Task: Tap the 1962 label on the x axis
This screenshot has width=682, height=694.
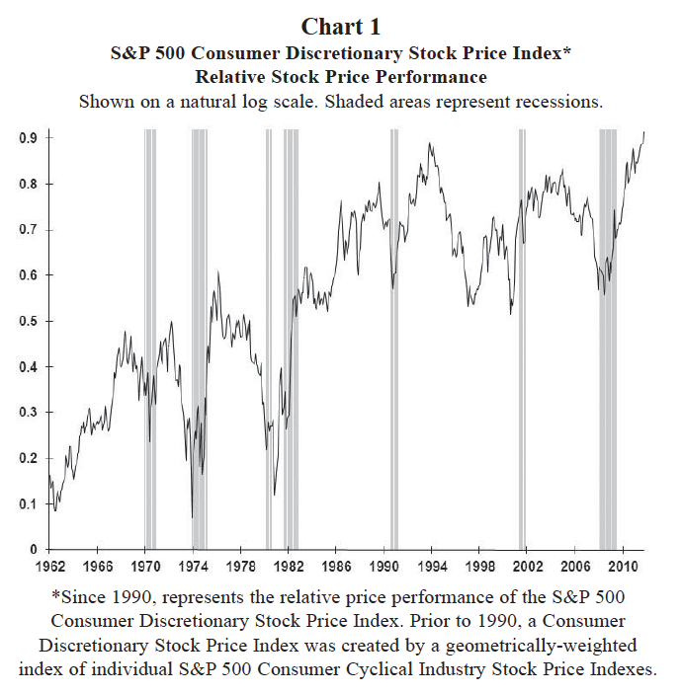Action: click(49, 567)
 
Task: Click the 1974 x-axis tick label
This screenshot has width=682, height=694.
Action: click(193, 567)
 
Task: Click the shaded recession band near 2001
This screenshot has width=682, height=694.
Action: click(522, 336)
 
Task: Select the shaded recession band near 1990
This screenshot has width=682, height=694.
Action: click(394, 336)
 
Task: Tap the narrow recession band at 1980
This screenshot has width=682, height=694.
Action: click(268, 336)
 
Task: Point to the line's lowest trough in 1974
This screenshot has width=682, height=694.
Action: click(192, 516)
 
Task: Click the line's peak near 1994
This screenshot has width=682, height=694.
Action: click(429, 144)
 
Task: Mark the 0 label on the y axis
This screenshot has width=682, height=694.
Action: click(34, 549)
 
